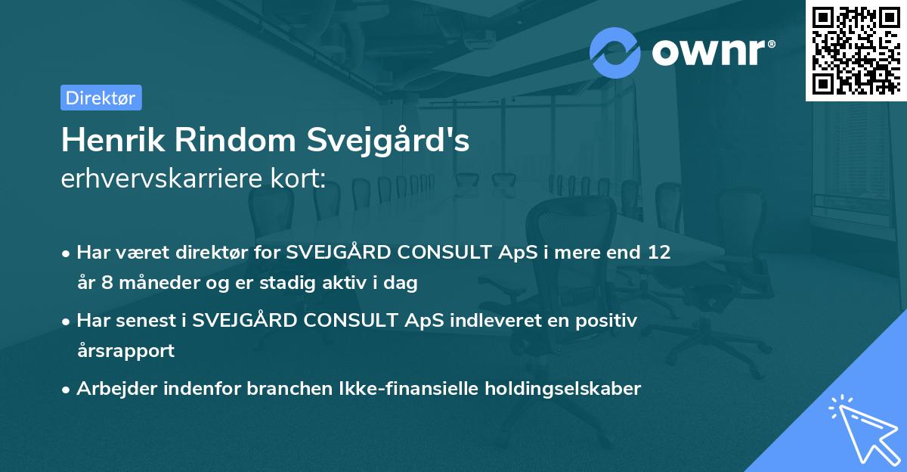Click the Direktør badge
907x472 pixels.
pyautogui.click(x=101, y=98)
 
